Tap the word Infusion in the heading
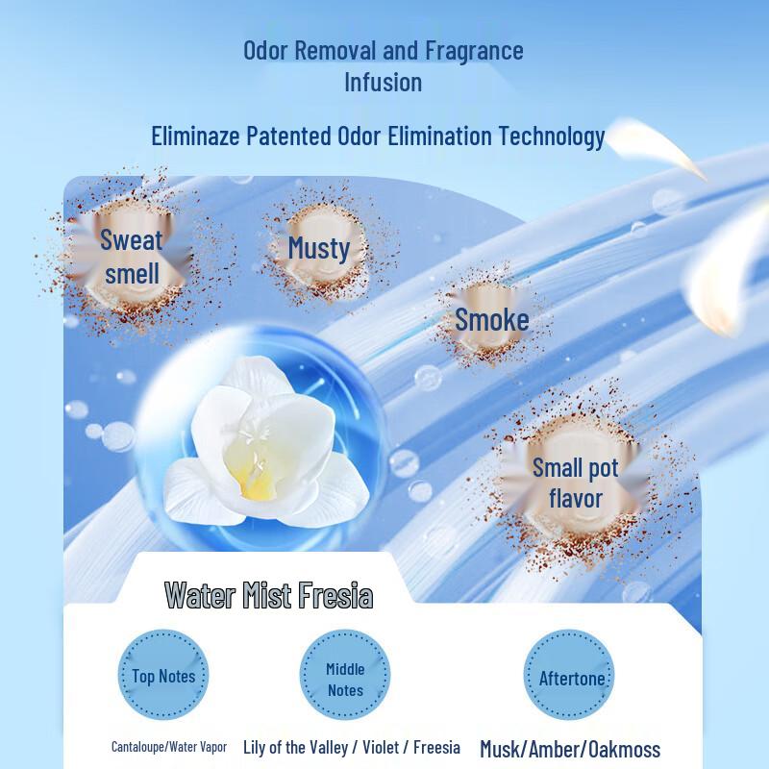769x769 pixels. tap(383, 83)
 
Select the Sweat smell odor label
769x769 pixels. tap(132, 257)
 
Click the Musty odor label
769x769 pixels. tap(319, 248)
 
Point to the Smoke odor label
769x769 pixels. tap(492, 320)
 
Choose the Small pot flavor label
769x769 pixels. tap(575, 484)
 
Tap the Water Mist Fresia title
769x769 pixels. tap(269, 595)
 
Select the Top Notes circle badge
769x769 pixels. tap(163, 675)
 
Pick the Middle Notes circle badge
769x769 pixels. tap(345, 675)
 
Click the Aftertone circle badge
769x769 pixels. tap(569, 675)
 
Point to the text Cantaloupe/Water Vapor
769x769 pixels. tap(169, 747)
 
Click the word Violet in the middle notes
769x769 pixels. tap(380, 748)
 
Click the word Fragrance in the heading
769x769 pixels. tap(474, 51)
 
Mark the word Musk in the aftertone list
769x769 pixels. tap(498, 750)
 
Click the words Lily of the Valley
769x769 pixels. tap(296, 748)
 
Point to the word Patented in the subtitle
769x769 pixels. tap(288, 136)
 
